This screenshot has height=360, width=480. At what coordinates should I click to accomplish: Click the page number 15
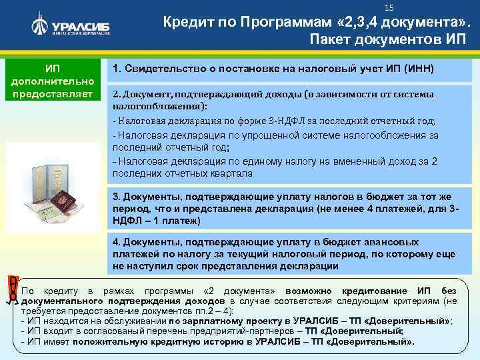(x=390, y=7)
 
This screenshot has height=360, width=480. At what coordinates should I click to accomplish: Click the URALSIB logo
(x=69, y=26)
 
